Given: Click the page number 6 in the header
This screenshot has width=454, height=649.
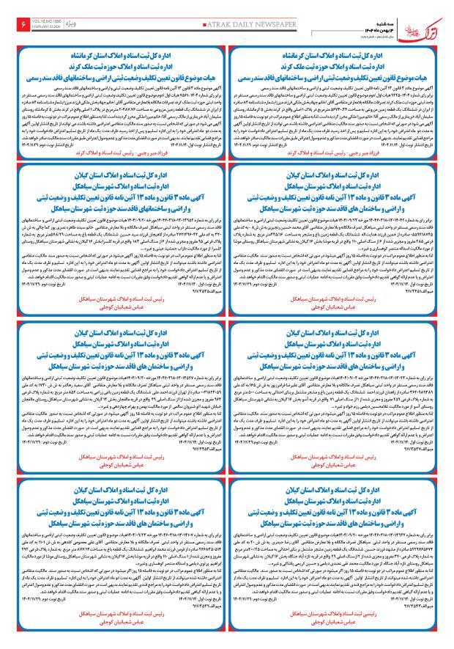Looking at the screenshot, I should click(x=18, y=26).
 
